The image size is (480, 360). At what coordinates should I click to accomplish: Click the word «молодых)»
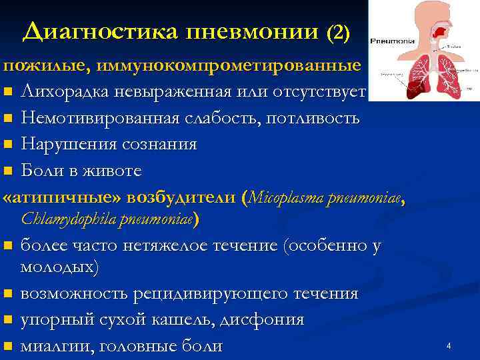[59, 268]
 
